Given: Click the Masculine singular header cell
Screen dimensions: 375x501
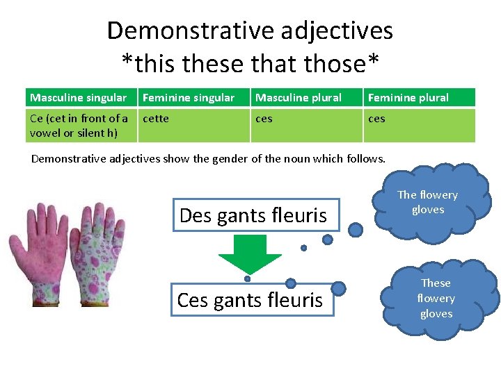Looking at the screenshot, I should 81,98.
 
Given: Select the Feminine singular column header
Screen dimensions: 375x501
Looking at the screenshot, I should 193,98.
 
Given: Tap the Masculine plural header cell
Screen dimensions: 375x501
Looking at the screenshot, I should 306,98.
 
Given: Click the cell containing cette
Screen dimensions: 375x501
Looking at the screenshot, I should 193,125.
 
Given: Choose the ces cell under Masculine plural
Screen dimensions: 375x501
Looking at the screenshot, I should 306,125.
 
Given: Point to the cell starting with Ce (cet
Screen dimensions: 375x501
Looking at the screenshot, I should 81,125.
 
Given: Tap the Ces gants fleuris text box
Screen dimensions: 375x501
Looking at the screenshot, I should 252,300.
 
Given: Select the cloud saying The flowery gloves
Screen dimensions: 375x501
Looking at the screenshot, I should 427,202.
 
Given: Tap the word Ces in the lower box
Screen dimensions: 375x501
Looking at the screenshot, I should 193,300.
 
